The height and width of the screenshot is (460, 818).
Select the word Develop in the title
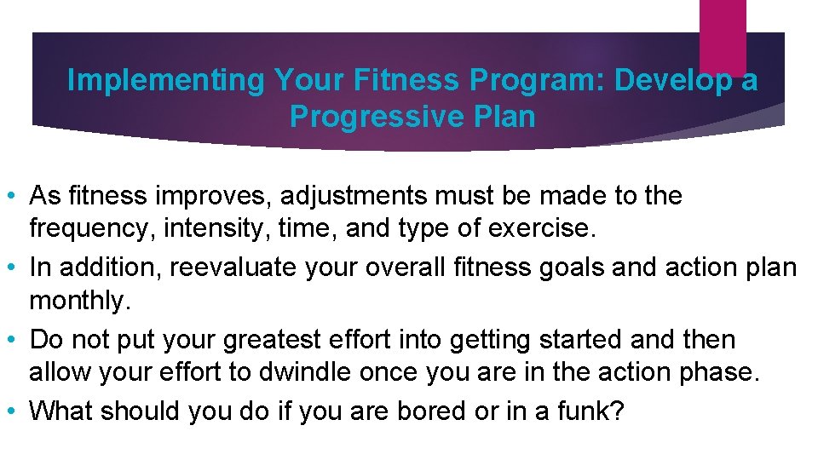pos(669,81)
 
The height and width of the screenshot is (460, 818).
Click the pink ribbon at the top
pos(722,34)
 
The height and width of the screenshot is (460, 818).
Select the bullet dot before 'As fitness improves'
pos(16,197)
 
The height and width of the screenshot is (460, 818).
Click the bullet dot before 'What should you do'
pos(16,411)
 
